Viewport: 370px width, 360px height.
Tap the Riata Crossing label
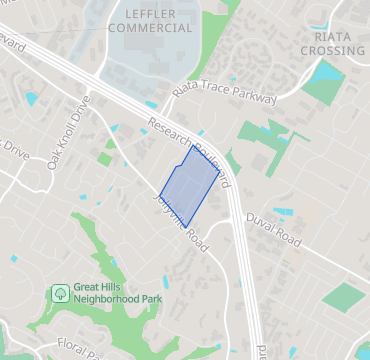(332, 42)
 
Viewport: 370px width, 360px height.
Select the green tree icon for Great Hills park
(61, 293)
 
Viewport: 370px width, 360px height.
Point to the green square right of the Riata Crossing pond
(323, 91)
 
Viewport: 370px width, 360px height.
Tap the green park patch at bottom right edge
(346, 298)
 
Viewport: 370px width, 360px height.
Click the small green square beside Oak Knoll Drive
(105, 158)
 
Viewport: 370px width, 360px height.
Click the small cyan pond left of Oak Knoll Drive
(30, 98)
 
